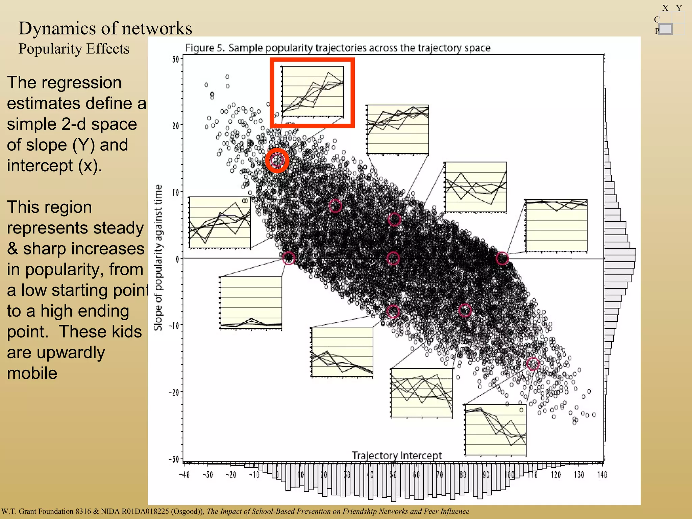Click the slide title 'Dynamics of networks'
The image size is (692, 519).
(105, 28)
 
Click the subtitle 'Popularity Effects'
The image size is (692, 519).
(74, 49)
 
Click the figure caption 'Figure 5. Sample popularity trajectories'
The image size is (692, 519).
(338, 48)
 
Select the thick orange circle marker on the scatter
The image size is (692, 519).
(277, 160)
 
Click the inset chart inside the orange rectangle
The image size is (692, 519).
(313, 92)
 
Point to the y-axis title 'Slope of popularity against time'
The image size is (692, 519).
(158, 257)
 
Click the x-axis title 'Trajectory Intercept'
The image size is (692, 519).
(397, 455)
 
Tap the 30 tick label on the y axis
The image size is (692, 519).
(175, 60)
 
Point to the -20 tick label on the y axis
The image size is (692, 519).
(174, 392)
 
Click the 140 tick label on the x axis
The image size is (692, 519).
(602, 475)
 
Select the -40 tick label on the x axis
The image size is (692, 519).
(184, 475)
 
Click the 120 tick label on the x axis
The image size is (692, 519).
(556, 475)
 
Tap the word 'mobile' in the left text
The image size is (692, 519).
(32, 373)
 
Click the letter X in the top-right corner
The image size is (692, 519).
(665, 8)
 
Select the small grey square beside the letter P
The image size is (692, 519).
(665, 29)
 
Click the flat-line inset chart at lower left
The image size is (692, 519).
(251, 302)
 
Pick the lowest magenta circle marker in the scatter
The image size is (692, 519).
(533, 364)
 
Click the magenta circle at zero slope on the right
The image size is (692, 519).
(502, 258)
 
